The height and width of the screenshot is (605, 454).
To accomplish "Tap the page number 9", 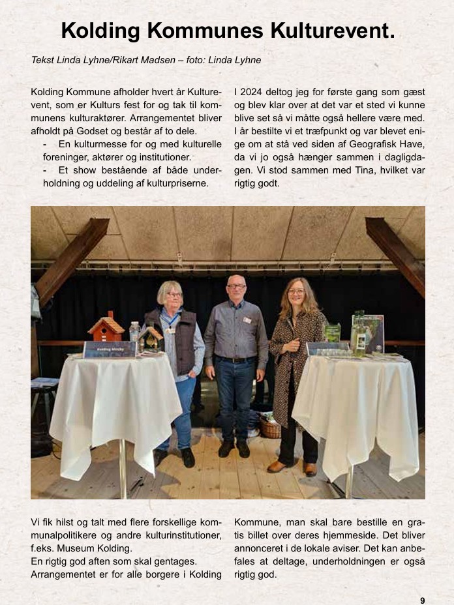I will [x=423, y=600].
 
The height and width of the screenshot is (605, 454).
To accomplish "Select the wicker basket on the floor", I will [x=270, y=428].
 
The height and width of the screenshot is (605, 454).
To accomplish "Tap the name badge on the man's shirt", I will [x=247, y=320].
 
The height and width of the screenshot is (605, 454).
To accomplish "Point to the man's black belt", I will [x=235, y=359].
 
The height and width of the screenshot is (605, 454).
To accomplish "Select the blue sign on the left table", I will [x=109, y=349].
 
